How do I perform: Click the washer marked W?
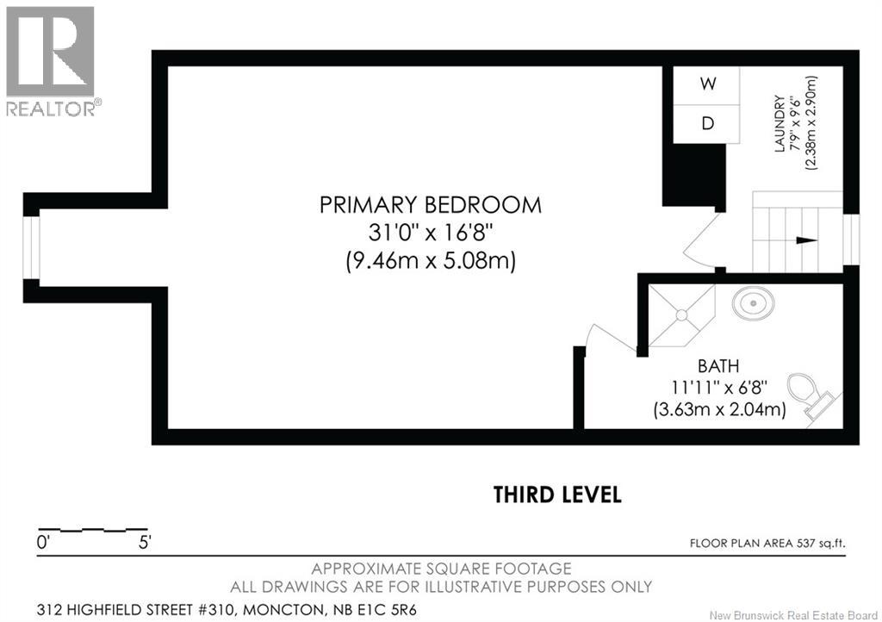click(x=706, y=85)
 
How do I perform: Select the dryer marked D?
click(x=706, y=124)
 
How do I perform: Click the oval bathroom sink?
click(x=753, y=304)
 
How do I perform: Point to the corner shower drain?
click(x=682, y=315)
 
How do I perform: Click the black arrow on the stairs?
click(x=806, y=240)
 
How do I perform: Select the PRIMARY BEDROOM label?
click(x=431, y=205)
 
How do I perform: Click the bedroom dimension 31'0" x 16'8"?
click(x=431, y=233)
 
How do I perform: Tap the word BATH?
click(x=718, y=366)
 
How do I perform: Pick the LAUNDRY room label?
click(x=779, y=124)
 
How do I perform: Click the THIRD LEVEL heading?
click(x=557, y=494)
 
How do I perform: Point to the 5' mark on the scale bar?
click(x=145, y=543)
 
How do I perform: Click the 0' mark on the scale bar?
click(x=43, y=543)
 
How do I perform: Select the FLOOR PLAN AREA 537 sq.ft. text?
click(x=767, y=544)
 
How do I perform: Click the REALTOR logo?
click(x=51, y=61)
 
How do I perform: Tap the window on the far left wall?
click(x=32, y=247)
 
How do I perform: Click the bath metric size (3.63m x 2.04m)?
click(x=719, y=409)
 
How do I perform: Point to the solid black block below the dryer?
click(x=693, y=175)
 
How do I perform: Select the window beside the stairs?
click(x=852, y=240)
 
